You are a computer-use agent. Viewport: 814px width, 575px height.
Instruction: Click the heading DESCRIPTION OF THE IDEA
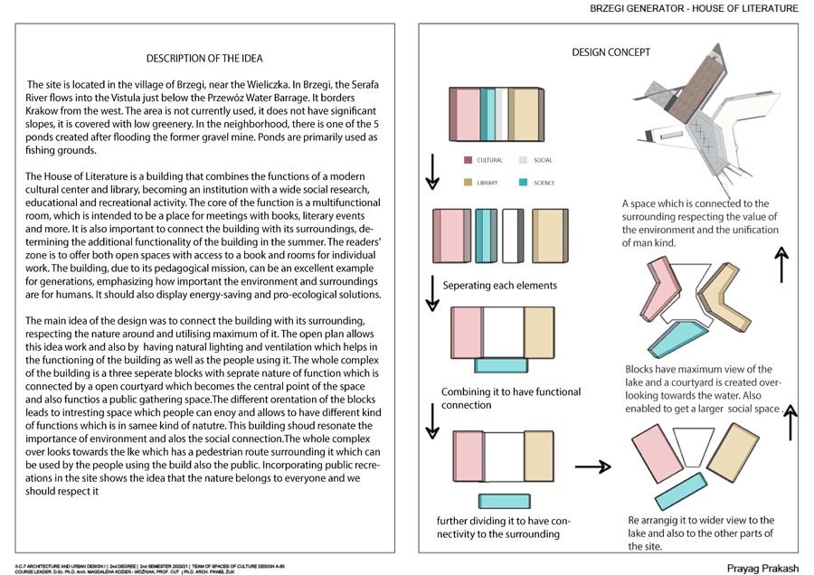click(x=204, y=59)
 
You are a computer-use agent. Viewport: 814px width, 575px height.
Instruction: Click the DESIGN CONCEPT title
click(x=610, y=52)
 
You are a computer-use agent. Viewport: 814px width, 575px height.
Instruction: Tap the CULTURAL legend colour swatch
click(x=468, y=160)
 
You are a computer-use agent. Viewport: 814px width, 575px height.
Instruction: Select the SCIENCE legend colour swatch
click(x=522, y=183)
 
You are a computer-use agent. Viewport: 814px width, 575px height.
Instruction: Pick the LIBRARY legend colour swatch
click(x=468, y=183)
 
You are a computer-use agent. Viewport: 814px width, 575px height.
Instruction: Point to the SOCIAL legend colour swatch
click(x=522, y=160)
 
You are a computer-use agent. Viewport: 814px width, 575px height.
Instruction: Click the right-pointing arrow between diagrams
click(x=592, y=467)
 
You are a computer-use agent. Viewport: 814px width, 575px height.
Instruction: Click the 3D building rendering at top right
click(x=687, y=118)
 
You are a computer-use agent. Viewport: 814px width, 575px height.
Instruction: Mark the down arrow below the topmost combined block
click(x=432, y=170)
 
